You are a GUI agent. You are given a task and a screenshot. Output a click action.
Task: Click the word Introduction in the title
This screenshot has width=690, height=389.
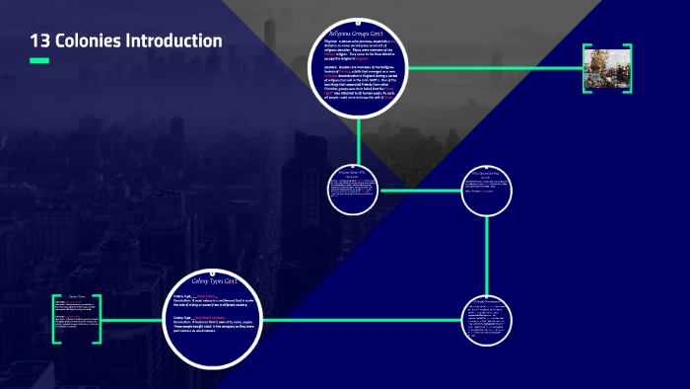[x=170, y=40]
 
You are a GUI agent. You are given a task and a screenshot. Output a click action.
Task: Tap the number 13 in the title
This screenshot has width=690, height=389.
[x=40, y=40]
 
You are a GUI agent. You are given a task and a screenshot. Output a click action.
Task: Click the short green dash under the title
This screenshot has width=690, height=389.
[x=39, y=61]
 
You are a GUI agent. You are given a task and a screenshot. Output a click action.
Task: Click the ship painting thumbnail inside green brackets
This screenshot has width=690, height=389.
[x=606, y=68]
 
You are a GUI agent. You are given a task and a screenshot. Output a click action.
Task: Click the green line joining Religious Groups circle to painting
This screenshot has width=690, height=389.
[x=493, y=68]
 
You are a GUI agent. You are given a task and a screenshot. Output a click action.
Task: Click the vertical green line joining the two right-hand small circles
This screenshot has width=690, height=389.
[x=487, y=252]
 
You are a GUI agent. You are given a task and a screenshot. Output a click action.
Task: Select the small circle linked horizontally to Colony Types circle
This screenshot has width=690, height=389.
[x=487, y=318]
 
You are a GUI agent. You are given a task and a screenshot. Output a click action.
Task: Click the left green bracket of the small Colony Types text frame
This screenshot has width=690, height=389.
[x=56, y=319]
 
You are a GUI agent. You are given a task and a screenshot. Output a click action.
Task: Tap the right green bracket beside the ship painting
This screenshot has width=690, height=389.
[x=628, y=68]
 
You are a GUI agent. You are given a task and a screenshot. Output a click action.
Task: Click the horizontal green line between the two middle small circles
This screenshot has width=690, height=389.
[x=420, y=190]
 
